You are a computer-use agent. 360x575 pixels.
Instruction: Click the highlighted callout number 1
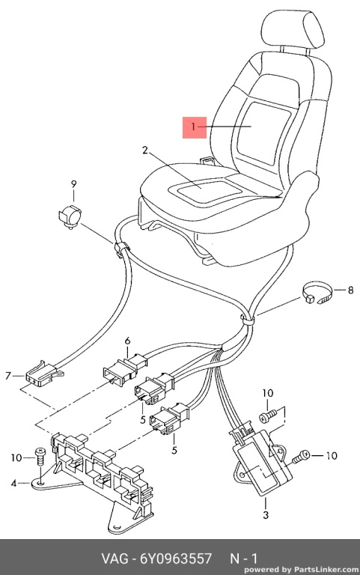(x=194, y=127)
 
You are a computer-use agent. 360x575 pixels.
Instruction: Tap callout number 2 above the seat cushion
(x=145, y=150)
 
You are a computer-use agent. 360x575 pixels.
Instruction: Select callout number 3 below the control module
(x=266, y=514)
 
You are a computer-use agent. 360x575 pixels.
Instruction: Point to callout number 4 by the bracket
(x=13, y=484)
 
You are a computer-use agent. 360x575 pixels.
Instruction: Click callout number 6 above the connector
(x=127, y=341)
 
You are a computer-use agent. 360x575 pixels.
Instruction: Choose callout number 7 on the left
(x=8, y=376)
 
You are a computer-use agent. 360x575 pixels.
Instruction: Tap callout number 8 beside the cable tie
(x=350, y=290)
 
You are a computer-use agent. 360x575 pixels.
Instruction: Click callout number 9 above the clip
(x=73, y=183)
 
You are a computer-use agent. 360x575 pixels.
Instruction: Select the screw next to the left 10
(x=40, y=457)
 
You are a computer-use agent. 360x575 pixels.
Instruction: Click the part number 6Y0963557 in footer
(x=176, y=559)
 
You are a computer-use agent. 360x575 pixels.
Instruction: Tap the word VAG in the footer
(x=115, y=559)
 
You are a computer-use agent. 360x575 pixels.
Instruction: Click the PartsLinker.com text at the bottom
(x=326, y=570)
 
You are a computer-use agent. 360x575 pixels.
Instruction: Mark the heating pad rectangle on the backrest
(x=265, y=133)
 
